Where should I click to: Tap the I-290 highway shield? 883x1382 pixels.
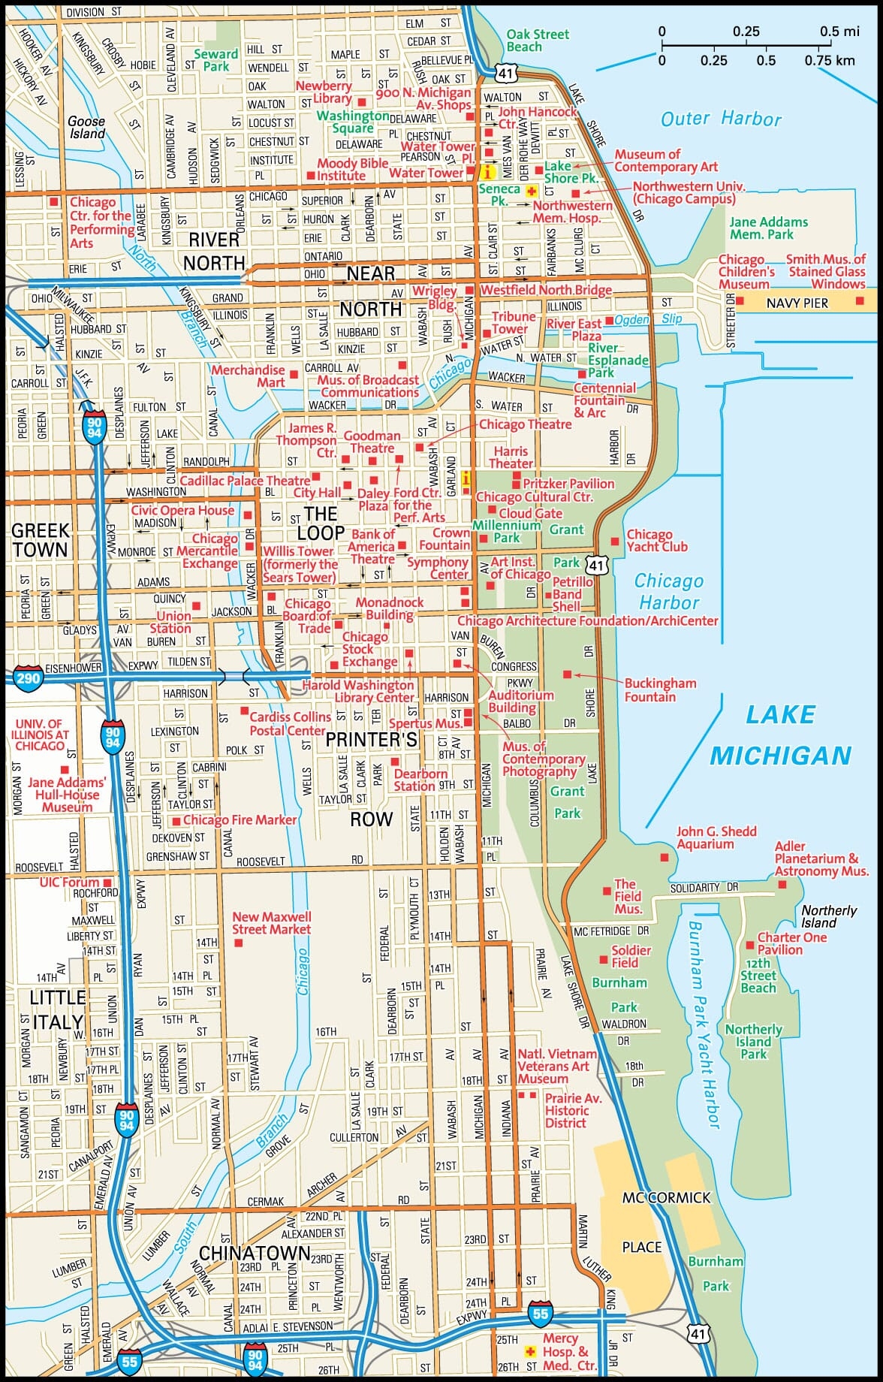tap(27, 677)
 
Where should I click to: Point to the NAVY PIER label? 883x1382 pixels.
tap(797, 303)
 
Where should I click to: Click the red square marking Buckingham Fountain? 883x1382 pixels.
tap(567, 674)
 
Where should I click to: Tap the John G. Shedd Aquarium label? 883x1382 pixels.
tap(716, 837)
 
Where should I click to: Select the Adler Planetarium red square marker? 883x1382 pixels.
tap(782, 884)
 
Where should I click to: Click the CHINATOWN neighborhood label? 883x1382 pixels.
tap(255, 1254)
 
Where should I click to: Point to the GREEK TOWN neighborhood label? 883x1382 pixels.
tap(40, 540)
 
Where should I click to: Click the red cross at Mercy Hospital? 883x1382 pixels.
tap(532, 1350)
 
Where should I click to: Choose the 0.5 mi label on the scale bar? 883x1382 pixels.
tap(839, 32)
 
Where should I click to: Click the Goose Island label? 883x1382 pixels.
tap(86, 127)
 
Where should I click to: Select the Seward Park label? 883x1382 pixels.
tap(215, 60)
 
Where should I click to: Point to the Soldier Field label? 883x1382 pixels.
tap(631, 956)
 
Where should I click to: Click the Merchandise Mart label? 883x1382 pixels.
tap(248, 376)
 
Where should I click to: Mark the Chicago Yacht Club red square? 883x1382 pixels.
tap(615, 541)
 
